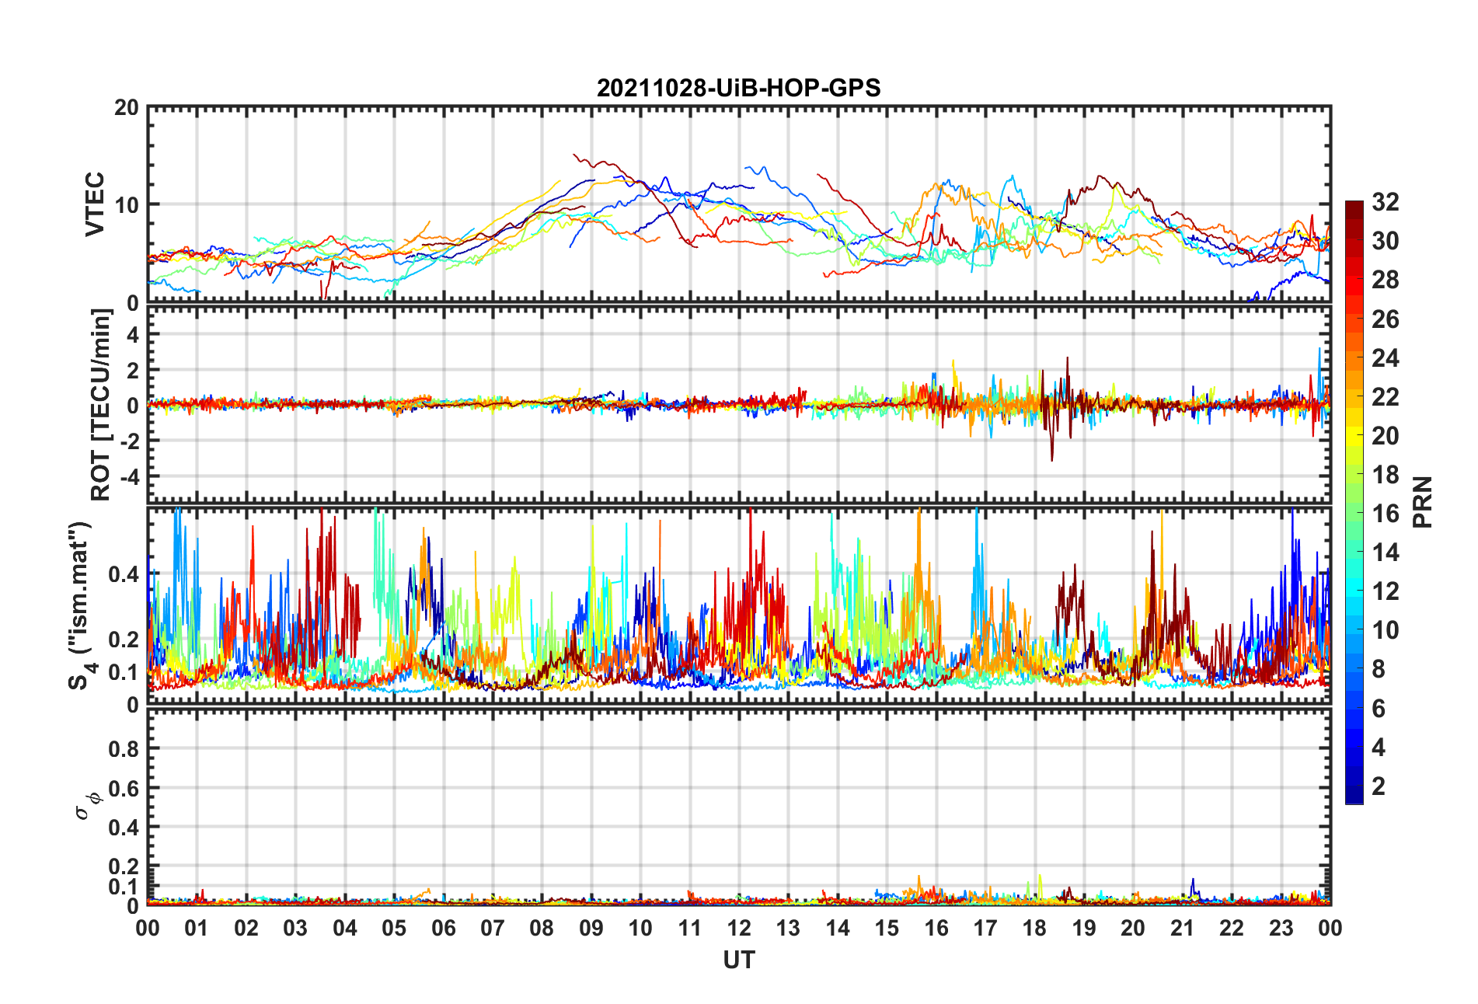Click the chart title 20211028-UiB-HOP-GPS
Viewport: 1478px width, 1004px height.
coord(738,88)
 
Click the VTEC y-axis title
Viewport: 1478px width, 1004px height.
coord(95,204)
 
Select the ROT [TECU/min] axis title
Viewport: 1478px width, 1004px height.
coord(101,404)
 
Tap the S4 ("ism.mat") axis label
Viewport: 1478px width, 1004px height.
coord(80,605)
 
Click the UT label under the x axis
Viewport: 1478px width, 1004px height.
coord(738,960)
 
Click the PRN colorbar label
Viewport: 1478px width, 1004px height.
coord(1422,502)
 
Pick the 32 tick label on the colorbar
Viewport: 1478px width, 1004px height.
coord(1385,202)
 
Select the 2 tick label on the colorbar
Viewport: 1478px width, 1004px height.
coord(1379,786)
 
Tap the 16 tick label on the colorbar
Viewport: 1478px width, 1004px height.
coord(1385,514)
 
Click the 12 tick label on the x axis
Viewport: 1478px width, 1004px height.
coord(739,929)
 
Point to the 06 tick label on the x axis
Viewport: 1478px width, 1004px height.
coord(444,929)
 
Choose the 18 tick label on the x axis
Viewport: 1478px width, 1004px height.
coord(1034,929)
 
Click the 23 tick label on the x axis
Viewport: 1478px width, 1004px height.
coord(1281,929)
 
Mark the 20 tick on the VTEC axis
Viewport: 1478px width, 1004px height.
coord(127,108)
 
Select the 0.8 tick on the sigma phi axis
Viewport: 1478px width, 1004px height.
coord(124,749)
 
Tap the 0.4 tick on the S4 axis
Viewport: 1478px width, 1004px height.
coord(124,575)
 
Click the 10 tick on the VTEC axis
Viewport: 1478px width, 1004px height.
coord(127,205)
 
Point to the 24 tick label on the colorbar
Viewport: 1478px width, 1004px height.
coord(1385,358)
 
